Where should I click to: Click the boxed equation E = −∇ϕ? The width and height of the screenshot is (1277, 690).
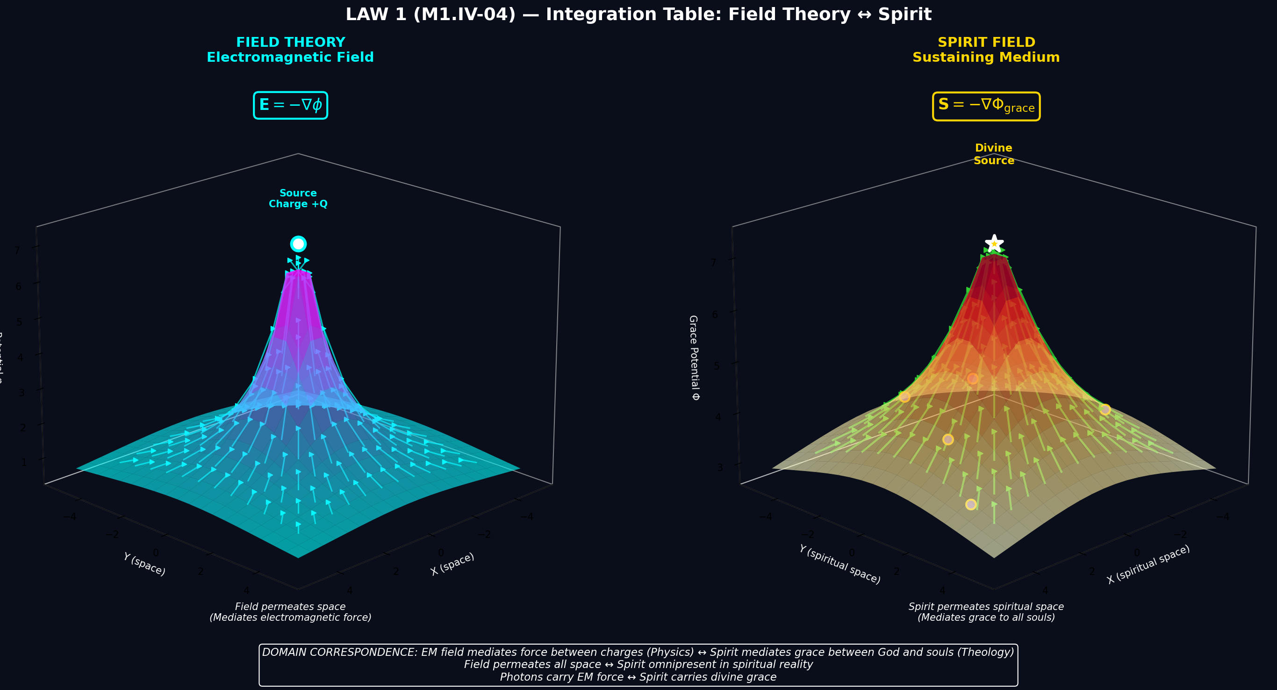point(290,105)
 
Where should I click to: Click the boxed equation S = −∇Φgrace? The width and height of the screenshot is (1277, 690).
point(986,106)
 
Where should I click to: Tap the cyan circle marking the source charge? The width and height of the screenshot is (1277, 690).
point(298,244)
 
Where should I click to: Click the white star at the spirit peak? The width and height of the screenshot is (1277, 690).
point(994,244)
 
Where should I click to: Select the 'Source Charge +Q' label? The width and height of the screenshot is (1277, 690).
point(298,198)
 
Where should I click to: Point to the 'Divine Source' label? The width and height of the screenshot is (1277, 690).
point(993,154)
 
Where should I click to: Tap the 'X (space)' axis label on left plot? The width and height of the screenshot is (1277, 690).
point(452,564)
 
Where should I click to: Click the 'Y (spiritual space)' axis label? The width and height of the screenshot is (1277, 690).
point(840,565)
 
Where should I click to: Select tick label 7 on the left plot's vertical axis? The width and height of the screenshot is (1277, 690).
point(17,250)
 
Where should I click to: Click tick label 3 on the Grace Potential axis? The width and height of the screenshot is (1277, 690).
point(720,467)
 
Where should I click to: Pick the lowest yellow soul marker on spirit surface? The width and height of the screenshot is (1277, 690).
point(971,504)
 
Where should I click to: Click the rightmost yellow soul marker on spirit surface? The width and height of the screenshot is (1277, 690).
point(1105,409)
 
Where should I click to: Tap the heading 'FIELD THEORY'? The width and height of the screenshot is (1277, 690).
point(290,42)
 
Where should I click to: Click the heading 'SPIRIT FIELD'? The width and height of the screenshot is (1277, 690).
point(986,42)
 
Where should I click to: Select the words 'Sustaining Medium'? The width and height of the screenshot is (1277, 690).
point(986,58)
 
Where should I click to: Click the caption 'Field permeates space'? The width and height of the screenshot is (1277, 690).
point(290,606)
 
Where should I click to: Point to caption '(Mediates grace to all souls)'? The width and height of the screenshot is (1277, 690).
point(986,617)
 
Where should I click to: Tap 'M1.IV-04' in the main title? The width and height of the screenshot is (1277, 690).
point(465,15)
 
